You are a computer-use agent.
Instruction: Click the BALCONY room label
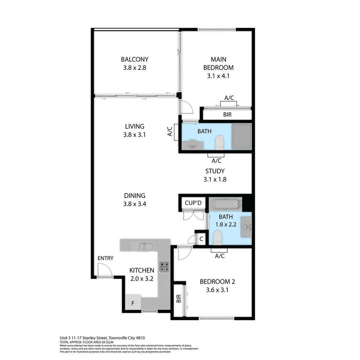click(x=134, y=59)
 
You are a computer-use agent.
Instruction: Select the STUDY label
click(x=215, y=171)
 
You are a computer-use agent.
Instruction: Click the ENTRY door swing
click(x=104, y=270)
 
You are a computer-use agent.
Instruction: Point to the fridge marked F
click(x=133, y=303)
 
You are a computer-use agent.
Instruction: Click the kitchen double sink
click(x=144, y=247)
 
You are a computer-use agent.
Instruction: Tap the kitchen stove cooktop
click(x=164, y=266)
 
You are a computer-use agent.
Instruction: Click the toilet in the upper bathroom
click(x=219, y=143)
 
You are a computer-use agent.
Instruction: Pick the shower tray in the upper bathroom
click(x=242, y=136)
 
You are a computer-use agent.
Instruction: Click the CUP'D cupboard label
click(x=193, y=203)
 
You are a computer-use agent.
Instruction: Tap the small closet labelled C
click(x=201, y=239)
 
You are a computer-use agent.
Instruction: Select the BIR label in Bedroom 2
click(x=178, y=298)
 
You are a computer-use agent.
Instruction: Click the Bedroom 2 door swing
click(x=184, y=253)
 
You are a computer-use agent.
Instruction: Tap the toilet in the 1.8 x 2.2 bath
click(x=217, y=237)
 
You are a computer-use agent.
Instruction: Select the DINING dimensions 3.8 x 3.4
click(x=134, y=204)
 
